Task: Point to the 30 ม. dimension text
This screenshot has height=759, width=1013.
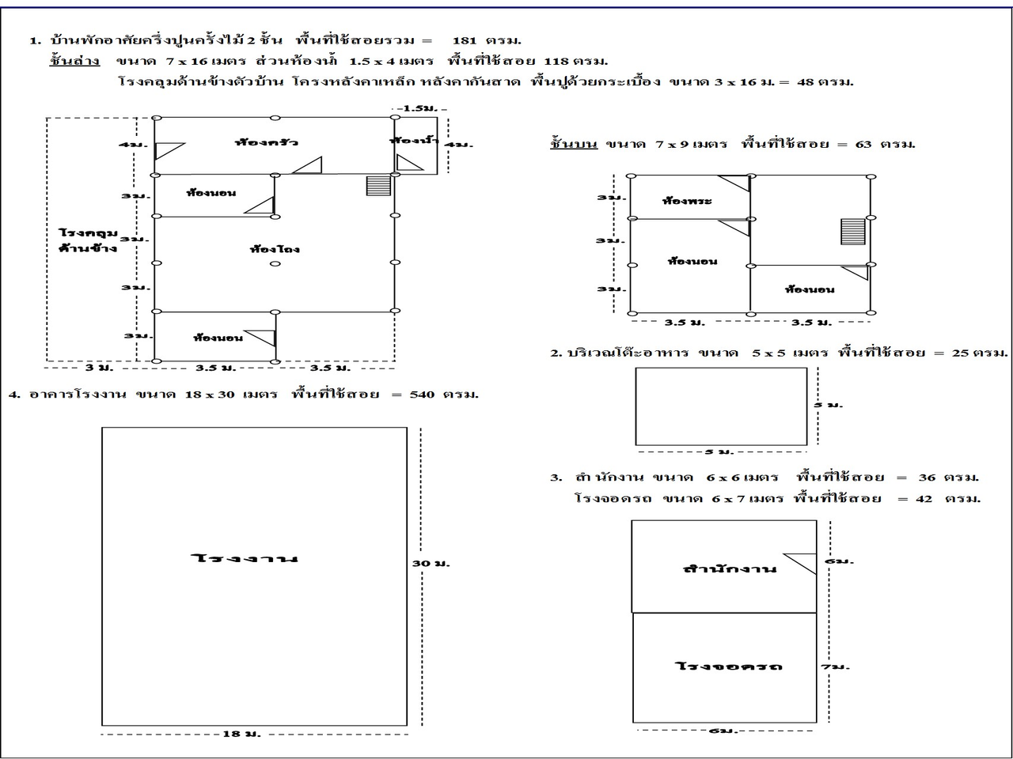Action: tap(431, 563)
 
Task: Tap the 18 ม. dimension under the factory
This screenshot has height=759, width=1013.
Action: tap(241, 734)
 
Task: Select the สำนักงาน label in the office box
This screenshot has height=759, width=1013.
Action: tap(730, 568)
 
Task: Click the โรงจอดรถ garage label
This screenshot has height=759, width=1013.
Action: tap(729, 666)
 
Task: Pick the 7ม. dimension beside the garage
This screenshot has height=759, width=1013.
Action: tap(835, 666)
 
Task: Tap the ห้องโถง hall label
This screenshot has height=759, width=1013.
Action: tap(275, 249)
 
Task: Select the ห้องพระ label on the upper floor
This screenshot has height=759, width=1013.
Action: tap(687, 201)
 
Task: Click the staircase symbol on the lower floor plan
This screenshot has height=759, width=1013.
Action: tap(379, 185)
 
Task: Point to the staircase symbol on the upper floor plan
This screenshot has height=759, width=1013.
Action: tap(853, 232)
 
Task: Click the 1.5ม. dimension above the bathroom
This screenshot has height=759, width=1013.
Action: tap(419, 108)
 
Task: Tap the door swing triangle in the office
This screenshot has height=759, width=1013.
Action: tap(801, 563)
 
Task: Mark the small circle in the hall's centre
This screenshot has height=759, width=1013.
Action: tap(275, 264)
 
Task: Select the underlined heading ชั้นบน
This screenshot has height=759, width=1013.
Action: tap(574, 145)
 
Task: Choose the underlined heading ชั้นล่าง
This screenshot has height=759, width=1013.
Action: tap(74, 61)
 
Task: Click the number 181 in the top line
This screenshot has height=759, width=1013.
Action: tap(465, 40)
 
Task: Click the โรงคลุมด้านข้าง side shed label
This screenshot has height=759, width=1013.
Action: tap(88, 240)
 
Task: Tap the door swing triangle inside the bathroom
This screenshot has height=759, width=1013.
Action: tap(410, 162)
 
